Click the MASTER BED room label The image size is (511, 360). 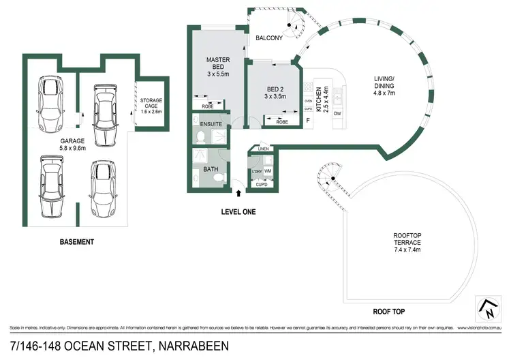click(x=218, y=63)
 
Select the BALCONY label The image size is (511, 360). click(x=269, y=38)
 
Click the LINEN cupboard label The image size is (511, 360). click(x=264, y=149)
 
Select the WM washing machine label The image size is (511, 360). click(x=268, y=170)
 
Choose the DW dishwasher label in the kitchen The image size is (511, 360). click(x=338, y=112)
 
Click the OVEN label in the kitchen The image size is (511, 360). click(x=308, y=100)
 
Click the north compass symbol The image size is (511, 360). click(x=489, y=307)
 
